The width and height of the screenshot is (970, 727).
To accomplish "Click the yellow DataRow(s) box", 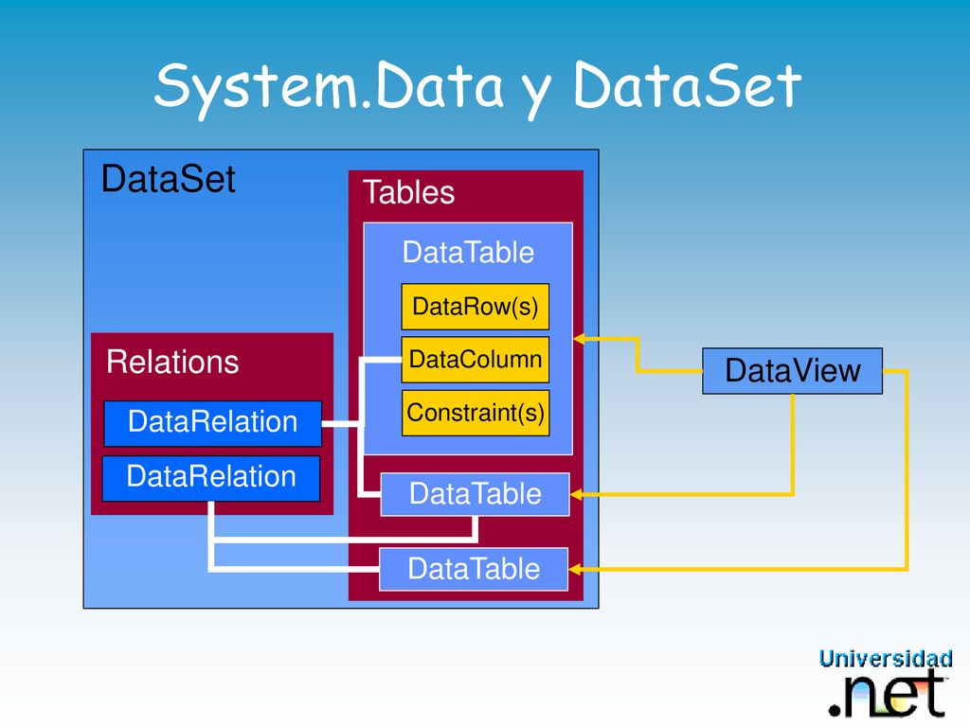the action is (476, 307).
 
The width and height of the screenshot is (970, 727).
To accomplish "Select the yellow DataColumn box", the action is (476, 359).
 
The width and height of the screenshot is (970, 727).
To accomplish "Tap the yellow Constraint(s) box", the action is (476, 413).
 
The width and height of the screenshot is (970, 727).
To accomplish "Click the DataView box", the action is (793, 371).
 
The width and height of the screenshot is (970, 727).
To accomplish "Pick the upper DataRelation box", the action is (213, 423).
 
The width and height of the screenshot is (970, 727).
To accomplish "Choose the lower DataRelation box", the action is (211, 478).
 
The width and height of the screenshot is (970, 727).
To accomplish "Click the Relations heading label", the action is (172, 362).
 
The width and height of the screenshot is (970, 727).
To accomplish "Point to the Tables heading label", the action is (409, 191).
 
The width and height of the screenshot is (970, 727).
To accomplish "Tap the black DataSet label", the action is (169, 179).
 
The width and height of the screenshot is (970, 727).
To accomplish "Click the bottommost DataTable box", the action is (474, 569).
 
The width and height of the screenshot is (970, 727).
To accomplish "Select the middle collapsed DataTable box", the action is (476, 494).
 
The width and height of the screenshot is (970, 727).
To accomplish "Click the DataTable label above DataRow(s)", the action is (468, 252).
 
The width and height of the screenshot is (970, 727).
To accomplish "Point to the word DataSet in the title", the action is (688, 85).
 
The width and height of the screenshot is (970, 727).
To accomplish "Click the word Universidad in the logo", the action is (886, 659).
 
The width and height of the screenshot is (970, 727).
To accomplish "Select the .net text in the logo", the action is (888, 694).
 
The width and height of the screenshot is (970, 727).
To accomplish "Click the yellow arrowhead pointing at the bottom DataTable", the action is (575, 569).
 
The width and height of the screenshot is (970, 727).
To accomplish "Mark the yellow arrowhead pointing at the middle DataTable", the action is (576, 494).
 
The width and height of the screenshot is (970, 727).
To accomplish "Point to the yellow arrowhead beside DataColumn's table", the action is (580, 338).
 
